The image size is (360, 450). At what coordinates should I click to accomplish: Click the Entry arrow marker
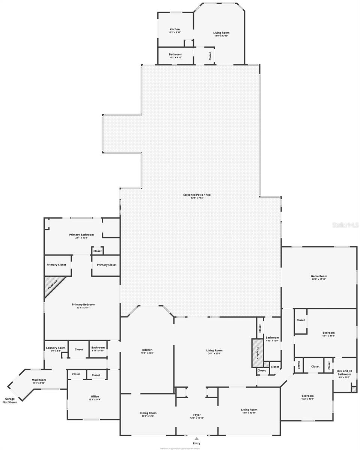[x=196, y=438]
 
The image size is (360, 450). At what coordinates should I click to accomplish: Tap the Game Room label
[x=319, y=276]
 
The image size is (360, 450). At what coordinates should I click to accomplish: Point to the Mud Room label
[x=39, y=379]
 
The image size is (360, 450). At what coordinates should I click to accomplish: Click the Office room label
[x=95, y=396]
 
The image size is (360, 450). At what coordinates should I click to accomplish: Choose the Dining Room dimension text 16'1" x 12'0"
[x=148, y=416]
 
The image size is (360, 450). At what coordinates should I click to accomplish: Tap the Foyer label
[x=197, y=415]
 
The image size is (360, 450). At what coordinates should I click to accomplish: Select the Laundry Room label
[x=56, y=348]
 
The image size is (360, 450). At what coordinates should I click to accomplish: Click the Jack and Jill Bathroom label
[x=344, y=372]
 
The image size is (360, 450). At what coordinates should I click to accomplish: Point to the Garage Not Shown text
[x=10, y=400]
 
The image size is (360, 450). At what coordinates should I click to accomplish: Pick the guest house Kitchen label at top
[x=175, y=29]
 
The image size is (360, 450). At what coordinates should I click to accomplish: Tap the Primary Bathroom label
[x=81, y=235]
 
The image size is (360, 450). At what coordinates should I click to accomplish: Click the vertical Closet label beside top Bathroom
[x=210, y=56]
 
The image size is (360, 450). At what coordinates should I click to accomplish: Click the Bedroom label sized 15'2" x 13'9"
[x=307, y=396]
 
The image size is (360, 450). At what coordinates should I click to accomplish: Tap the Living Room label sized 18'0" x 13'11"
[x=249, y=409]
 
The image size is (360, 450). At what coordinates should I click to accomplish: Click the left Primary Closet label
[x=56, y=265]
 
